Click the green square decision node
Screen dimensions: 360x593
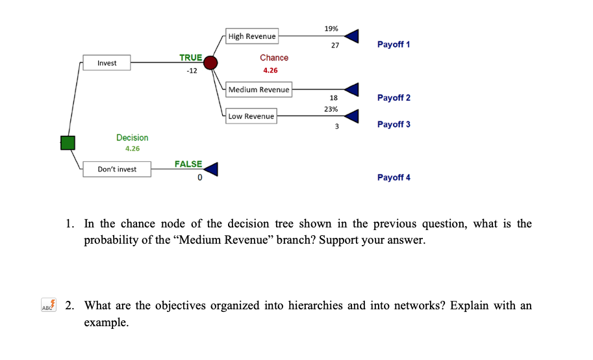point(68,142)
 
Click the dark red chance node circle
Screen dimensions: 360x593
point(210,63)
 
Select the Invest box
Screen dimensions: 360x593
point(107,63)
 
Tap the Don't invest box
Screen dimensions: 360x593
point(117,170)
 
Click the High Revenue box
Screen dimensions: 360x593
point(252,36)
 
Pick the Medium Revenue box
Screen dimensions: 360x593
point(259,90)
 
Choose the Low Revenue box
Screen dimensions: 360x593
point(251,116)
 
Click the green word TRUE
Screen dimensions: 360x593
point(190,58)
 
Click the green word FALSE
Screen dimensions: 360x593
point(188,164)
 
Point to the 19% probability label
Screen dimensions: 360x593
point(331,29)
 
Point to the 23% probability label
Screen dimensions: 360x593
point(331,109)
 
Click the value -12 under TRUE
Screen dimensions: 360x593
point(191,70)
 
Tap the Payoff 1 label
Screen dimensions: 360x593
point(394,44)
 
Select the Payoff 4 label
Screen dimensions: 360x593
point(394,177)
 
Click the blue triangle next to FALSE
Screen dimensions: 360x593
point(211,170)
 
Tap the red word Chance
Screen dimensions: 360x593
point(274,58)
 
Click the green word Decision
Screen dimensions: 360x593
point(132,138)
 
